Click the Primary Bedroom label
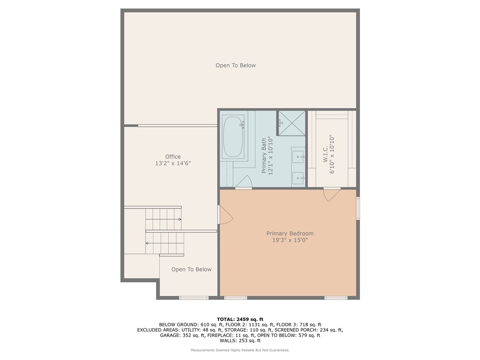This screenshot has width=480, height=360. click(x=290, y=233)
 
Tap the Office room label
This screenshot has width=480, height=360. click(x=172, y=157)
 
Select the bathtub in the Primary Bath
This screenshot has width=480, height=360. click(x=233, y=136)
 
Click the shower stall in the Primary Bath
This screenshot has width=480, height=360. click(x=291, y=122)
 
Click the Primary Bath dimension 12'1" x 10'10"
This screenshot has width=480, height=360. click(x=270, y=157)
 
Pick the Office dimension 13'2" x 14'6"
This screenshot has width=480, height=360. click(x=172, y=164)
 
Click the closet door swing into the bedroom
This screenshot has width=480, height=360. click(x=331, y=194)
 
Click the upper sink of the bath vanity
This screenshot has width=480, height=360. click(x=298, y=157)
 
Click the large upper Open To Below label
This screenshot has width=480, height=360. click(x=235, y=66)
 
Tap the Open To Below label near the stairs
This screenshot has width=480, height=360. click(x=191, y=270)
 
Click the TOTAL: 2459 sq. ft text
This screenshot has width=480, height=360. click(x=240, y=319)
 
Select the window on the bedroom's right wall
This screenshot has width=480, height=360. click(x=358, y=209)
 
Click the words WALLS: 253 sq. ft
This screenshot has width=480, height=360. click(x=240, y=341)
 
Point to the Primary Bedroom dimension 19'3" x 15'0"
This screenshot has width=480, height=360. click(x=290, y=240)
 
